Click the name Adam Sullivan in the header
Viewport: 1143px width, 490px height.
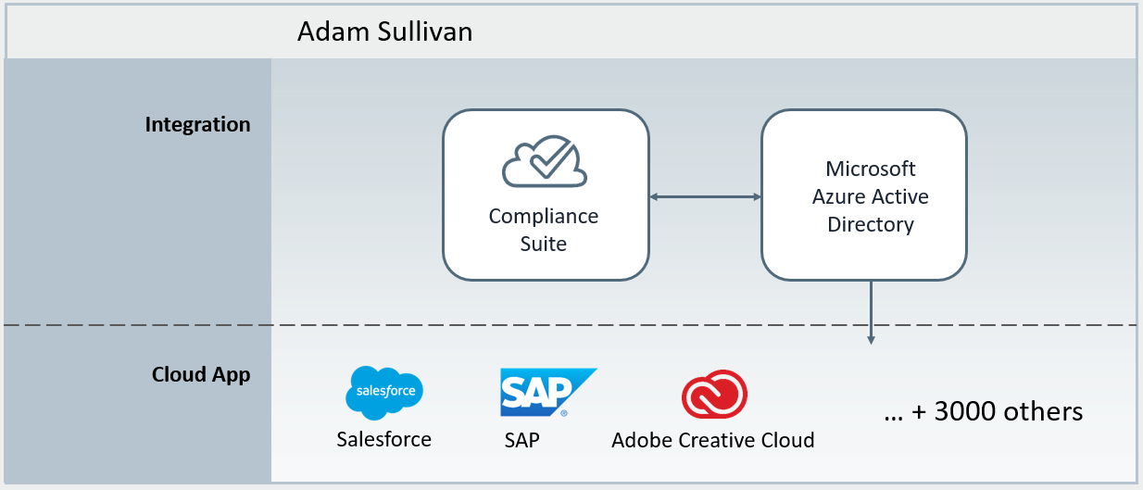(384, 32)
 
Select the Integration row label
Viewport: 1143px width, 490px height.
(197, 124)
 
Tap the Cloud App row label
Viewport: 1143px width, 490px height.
(201, 375)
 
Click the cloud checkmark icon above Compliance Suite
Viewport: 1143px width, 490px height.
(544, 163)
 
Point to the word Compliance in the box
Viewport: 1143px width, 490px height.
(544, 216)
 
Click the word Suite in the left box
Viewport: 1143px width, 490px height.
(544, 245)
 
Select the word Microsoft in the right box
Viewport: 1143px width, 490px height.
(871, 169)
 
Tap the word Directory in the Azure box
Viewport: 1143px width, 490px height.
(871, 224)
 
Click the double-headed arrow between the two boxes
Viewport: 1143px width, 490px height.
(705, 196)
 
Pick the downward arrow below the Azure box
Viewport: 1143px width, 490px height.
(871, 315)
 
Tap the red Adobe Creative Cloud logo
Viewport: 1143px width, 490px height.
(714, 396)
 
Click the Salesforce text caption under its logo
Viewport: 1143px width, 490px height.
(384, 439)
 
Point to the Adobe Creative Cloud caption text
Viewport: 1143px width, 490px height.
(713, 440)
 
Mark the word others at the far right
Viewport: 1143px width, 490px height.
(1048, 411)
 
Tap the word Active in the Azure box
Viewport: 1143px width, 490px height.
(901, 196)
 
